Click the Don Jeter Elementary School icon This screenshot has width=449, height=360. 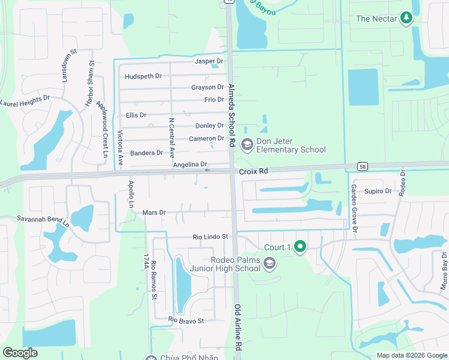point(247,144)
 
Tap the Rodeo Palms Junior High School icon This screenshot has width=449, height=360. point(270,263)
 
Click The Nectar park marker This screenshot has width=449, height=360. point(406,18)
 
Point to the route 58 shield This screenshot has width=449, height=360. point(363,166)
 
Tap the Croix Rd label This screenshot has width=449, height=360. point(253,172)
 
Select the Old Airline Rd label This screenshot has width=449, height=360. point(237,327)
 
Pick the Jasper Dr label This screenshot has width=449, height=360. point(209,61)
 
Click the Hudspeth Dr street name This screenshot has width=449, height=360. point(143,76)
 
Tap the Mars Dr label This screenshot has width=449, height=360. point(154,212)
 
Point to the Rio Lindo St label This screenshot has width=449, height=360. point(210,237)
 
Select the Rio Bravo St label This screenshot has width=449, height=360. point(187,320)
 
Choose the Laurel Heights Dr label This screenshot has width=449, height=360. point(25,100)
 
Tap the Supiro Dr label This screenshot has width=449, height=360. point(378,191)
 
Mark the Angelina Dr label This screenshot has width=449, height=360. point(190,164)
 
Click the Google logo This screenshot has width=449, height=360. point(20,353)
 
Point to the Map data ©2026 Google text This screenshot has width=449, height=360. point(411,355)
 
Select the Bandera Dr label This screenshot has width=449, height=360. point(146,153)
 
